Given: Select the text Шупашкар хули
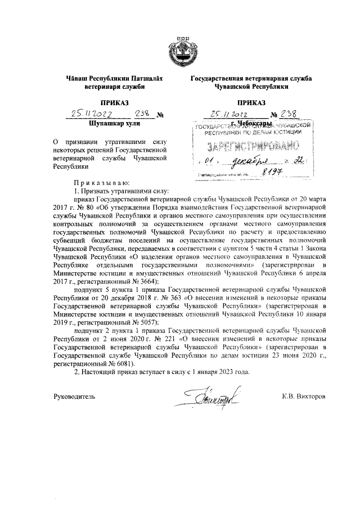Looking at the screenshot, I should tap(114, 122).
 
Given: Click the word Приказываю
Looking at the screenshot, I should tap(101, 183).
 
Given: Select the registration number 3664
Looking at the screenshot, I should tap(146, 281).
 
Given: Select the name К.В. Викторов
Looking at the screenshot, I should tap(307, 397).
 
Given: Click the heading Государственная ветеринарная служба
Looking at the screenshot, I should tap(251, 79).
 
